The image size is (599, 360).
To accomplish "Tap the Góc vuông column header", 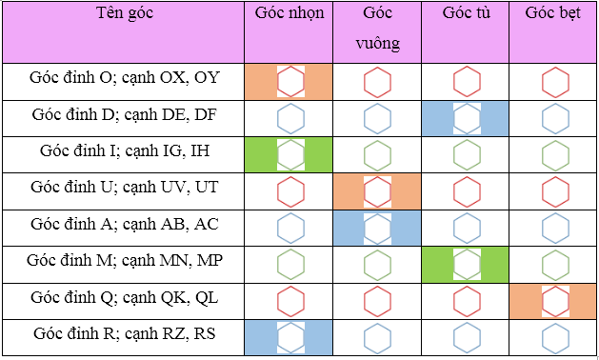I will [x=377, y=29].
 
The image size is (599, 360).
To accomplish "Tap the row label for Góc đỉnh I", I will [x=124, y=151].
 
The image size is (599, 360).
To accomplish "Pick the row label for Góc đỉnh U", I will [x=124, y=188].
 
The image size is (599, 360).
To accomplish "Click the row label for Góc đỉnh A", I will [x=124, y=225].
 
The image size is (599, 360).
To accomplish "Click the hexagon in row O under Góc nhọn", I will [x=290, y=82].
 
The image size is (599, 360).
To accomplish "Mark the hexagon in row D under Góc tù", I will [x=467, y=118].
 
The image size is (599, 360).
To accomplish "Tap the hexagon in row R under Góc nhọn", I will [x=290, y=338].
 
